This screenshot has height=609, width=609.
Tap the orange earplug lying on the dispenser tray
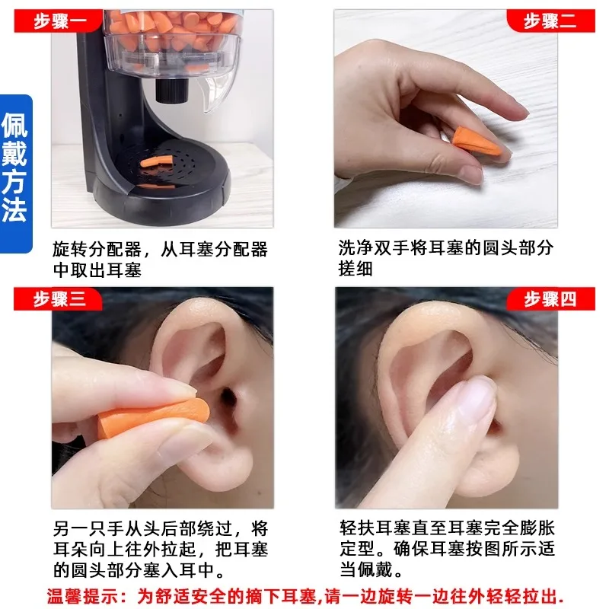tap(157, 161)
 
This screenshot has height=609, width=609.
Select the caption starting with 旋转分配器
tap(159, 259)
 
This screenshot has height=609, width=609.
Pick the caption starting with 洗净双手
tap(445, 259)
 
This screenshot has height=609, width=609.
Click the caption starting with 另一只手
tap(159, 549)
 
